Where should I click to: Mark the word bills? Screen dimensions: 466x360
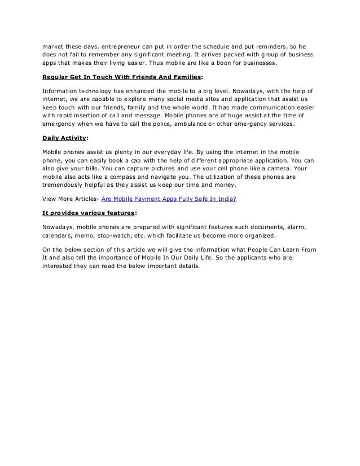tap(95, 168)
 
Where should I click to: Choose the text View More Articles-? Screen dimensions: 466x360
tap(71, 198)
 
